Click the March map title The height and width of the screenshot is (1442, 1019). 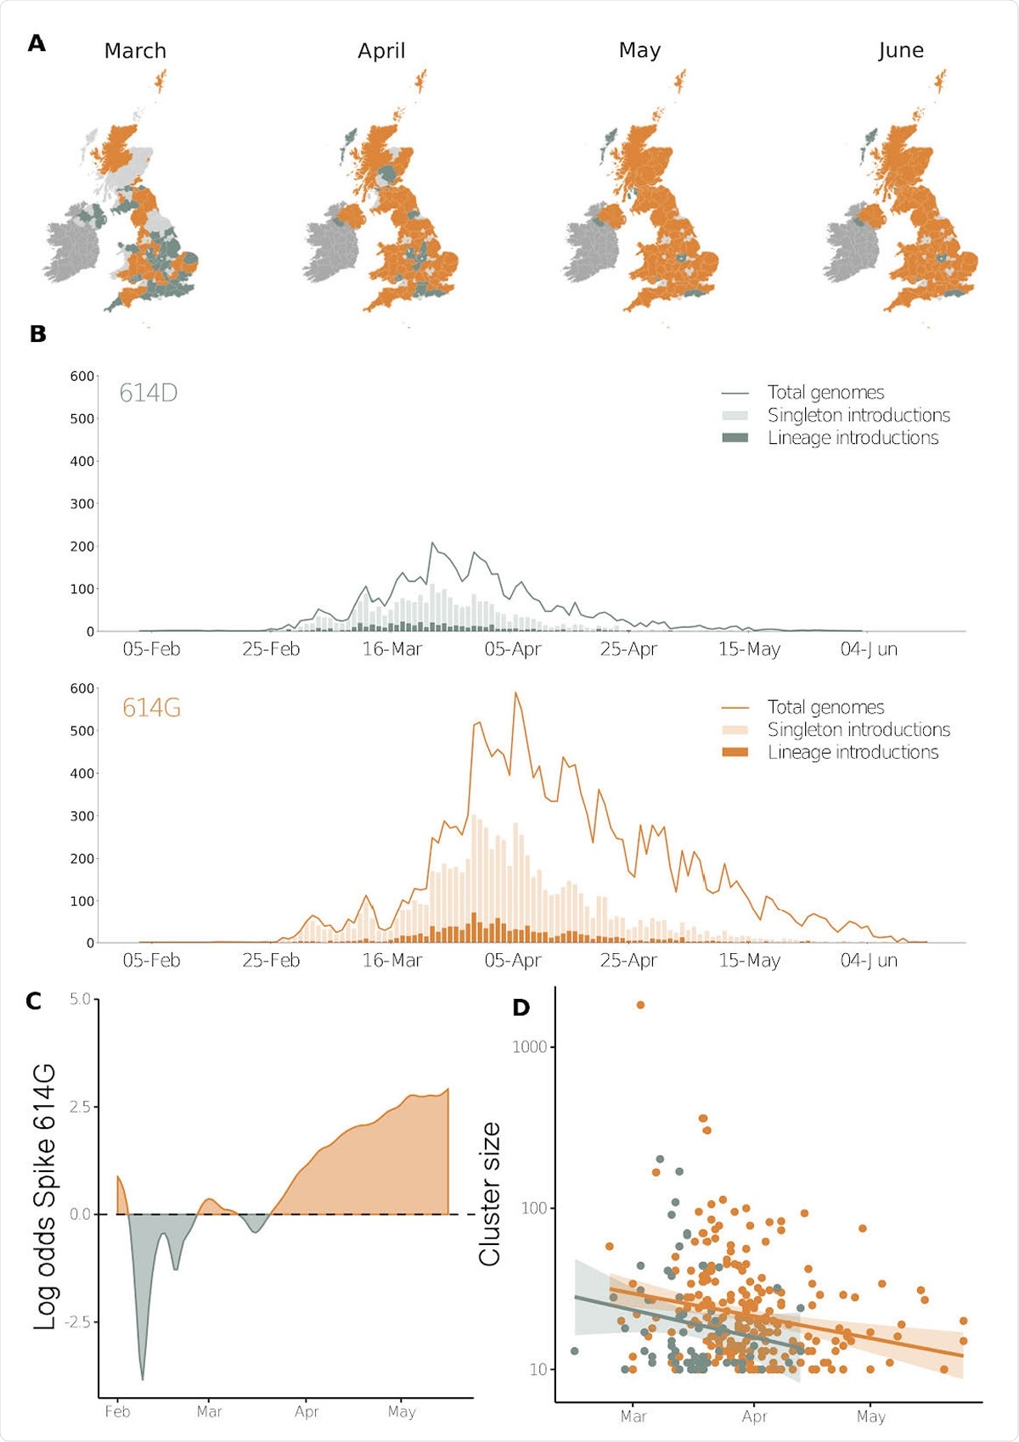click(x=135, y=51)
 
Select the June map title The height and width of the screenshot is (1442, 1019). click(x=901, y=50)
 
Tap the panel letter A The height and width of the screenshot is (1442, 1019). click(x=37, y=43)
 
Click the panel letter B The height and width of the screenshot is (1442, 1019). click(x=37, y=334)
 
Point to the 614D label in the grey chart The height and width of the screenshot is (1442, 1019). click(x=148, y=393)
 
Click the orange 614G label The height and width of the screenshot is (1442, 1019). click(x=151, y=707)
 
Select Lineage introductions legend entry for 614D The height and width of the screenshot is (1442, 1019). click(x=853, y=438)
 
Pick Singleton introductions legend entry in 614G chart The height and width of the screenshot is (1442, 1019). click(x=858, y=730)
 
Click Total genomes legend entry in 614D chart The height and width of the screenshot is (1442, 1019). click(x=825, y=392)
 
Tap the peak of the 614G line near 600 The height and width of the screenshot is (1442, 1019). click(x=515, y=693)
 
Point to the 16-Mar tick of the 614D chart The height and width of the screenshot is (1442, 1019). click(x=391, y=649)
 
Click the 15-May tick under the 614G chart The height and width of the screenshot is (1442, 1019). click(x=749, y=960)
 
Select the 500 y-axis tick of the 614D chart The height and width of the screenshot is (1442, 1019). click(x=82, y=418)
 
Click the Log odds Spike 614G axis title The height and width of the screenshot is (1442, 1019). click(x=44, y=1197)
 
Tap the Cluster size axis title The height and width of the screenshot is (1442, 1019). click(x=490, y=1194)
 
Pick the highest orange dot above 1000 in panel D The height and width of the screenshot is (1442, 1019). click(x=640, y=1005)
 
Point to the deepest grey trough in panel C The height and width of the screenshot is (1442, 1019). click(x=143, y=1378)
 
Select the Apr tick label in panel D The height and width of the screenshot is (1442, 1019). click(x=754, y=1417)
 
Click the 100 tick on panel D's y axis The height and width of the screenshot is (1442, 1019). click(x=533, y=1208)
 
